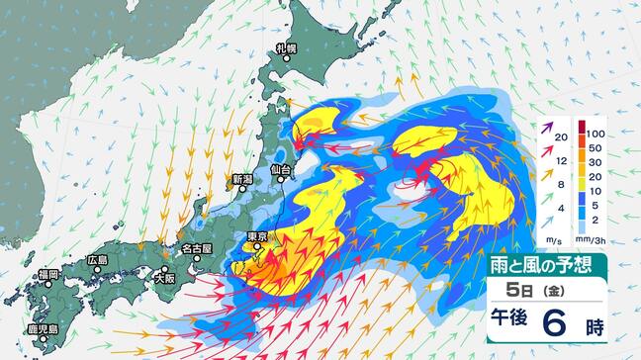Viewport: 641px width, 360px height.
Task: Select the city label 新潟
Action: (242, 180)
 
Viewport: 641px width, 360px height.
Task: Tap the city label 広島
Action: (97, 260)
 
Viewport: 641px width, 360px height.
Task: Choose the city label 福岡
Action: (49, 274)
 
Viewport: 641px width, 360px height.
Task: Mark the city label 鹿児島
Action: (42, 329)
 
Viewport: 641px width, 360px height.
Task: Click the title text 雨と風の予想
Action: (548, 264)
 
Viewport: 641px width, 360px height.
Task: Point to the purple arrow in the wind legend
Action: (546, 129)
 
